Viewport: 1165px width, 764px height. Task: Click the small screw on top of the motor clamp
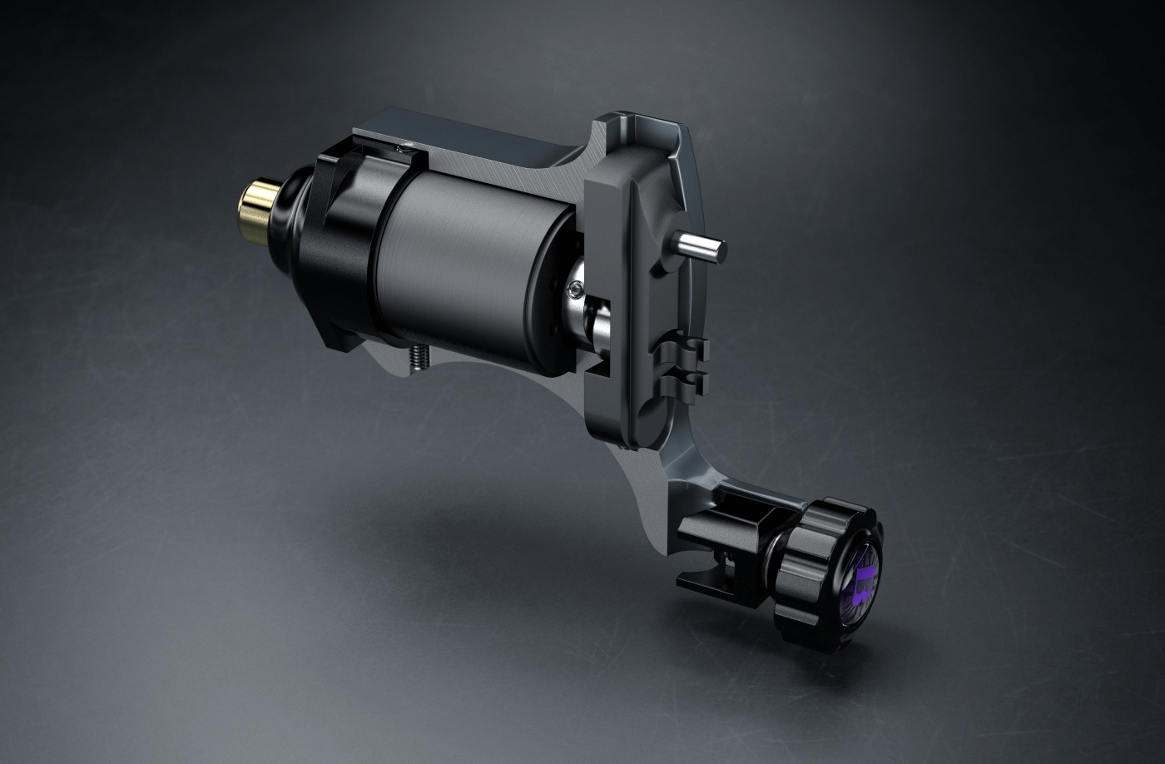point(404,148)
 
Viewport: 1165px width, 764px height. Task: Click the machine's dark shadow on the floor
point(499,533)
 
